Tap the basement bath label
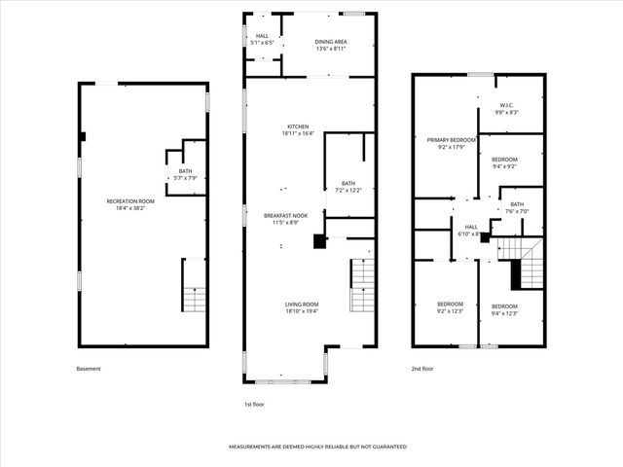pyautogui.click(x=185, y=174)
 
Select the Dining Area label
pyautogui.click(x=330, y=45)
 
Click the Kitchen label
pyautogui.click(x=297, y=129)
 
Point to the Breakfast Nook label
pyautogui.click(x=284, y=219)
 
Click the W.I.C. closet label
pyautogui.click(x=506, y=109)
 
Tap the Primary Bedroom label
pyautogui.click(x=451, y=143)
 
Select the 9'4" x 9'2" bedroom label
pyautogui.click(x=503, y=162)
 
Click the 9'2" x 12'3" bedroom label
pyautogui.click(x=449, y=309)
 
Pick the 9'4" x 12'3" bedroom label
pyautogui.click(x=503, y=309)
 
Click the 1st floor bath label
pyautogui.click(x=348, y=187)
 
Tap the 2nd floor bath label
pyautogui.click(x=516, y=207)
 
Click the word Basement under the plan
pyautogui.click(x=88, y=369)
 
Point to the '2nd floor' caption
pyautogui.click(x=421, y=369)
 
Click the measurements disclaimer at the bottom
pyautogui.click(x=317, y=447)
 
